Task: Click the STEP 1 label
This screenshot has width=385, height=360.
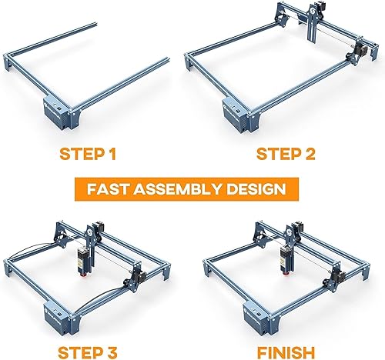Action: pos(88,154)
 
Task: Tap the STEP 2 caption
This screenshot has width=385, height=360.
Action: pos(286,154)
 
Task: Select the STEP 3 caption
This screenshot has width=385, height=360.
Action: pos(88,352)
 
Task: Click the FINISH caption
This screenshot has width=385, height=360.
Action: pos(286,352)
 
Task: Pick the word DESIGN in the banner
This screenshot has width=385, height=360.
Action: pos(256,189)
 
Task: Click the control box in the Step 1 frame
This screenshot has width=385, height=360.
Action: pos(57,112)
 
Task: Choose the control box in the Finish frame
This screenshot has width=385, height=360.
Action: pos(256,318)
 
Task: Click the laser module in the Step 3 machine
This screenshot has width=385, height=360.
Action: pos(83,259)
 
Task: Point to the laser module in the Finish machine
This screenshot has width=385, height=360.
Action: pos(286,259)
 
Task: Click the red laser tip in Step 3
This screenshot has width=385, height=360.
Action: pos(83,275)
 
